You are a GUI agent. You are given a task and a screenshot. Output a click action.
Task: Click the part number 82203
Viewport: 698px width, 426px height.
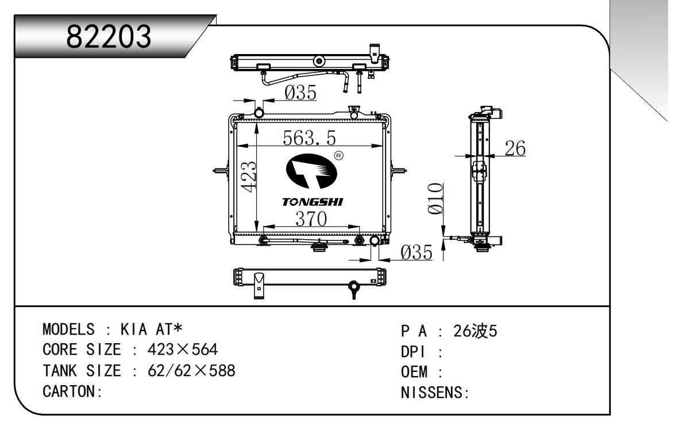pos(109,36)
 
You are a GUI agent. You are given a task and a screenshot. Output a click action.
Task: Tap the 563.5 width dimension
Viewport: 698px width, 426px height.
pos(310,139)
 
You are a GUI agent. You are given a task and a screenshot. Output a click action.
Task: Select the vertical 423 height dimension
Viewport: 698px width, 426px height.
pos(249,176)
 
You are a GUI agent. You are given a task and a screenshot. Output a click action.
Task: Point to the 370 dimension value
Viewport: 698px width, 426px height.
pos(311,219)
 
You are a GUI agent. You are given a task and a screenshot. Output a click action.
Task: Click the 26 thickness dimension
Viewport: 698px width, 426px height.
pos(515,148)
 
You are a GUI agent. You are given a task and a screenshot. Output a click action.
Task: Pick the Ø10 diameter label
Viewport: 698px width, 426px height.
pos(436,198)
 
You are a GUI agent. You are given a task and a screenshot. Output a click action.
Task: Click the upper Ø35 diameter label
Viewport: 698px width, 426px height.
pos(300,93)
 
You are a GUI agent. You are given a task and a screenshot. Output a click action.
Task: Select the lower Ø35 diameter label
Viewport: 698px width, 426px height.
pos(416,252)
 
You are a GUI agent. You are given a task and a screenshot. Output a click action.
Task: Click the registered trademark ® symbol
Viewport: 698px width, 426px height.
pos(339,156)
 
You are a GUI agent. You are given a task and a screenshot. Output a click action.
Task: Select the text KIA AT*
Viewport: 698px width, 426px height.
pos(151,329)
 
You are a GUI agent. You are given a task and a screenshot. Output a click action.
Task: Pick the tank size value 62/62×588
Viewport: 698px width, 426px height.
pos(191,371)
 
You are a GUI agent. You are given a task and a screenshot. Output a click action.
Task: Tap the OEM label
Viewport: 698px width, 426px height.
pos(414,373)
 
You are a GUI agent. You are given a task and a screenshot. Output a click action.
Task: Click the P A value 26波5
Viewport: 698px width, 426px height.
pos(475,331)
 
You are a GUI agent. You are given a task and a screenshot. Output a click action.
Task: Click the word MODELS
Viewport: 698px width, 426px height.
pos(68,329)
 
